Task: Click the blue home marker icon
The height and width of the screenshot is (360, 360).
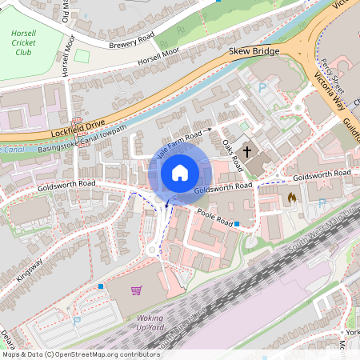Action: tap(180, 173)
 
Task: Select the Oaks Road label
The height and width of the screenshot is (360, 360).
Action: tap(232, 154)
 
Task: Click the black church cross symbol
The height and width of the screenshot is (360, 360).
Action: tap(247, 150)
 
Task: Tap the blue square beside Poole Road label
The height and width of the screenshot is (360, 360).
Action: tap(237, 223)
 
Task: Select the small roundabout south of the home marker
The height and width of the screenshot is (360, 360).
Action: tap(154, 249)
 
